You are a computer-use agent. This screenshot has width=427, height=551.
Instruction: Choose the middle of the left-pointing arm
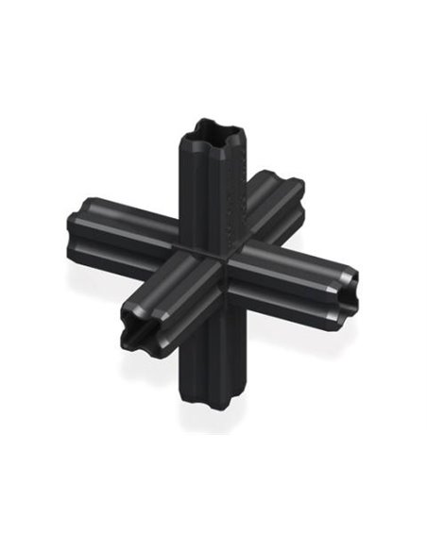tap(123, 226)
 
